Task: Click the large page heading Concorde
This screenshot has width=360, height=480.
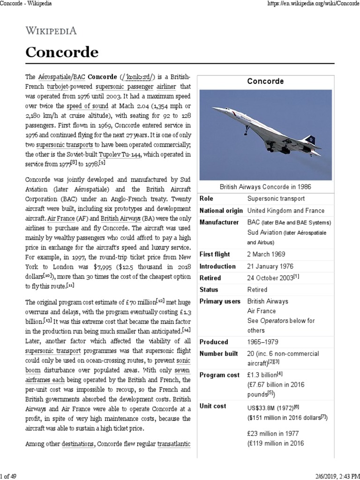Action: (62, 52)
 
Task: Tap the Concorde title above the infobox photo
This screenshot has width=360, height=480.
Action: (265, 81)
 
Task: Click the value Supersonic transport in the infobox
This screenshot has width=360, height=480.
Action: (276, 199)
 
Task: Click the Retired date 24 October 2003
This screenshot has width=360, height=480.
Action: (270, 278)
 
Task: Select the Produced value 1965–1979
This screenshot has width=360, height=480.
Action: (264, 342)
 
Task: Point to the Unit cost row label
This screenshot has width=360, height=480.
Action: (214, 406)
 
